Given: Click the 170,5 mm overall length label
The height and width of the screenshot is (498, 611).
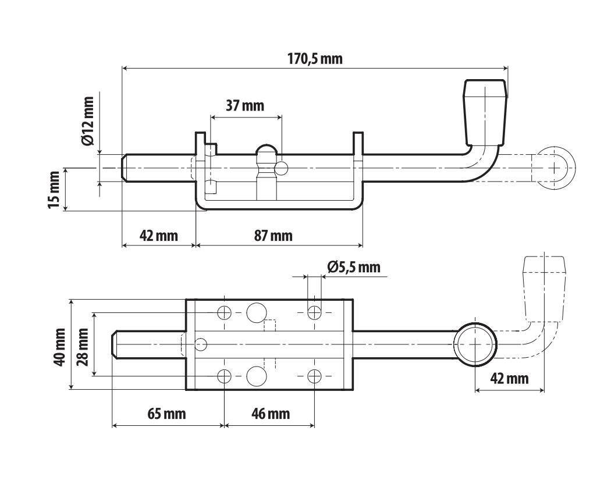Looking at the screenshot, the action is [315, 58].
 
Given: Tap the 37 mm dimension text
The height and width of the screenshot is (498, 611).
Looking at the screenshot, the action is [245, 105].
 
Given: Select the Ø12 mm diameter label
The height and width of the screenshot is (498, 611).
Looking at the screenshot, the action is [88, 121].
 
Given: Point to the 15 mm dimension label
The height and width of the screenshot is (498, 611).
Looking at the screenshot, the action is [54, 190].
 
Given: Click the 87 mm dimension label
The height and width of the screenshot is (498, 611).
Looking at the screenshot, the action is [273, 236].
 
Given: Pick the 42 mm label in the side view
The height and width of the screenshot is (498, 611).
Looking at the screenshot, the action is [159, 236].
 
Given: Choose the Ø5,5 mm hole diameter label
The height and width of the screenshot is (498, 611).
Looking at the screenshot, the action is [354, 267].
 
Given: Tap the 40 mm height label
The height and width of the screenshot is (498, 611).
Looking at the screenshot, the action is [59, 347].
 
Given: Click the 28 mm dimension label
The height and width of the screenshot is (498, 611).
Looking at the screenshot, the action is [83, 347].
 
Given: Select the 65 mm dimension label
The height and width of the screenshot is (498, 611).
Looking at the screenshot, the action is [167, 414].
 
